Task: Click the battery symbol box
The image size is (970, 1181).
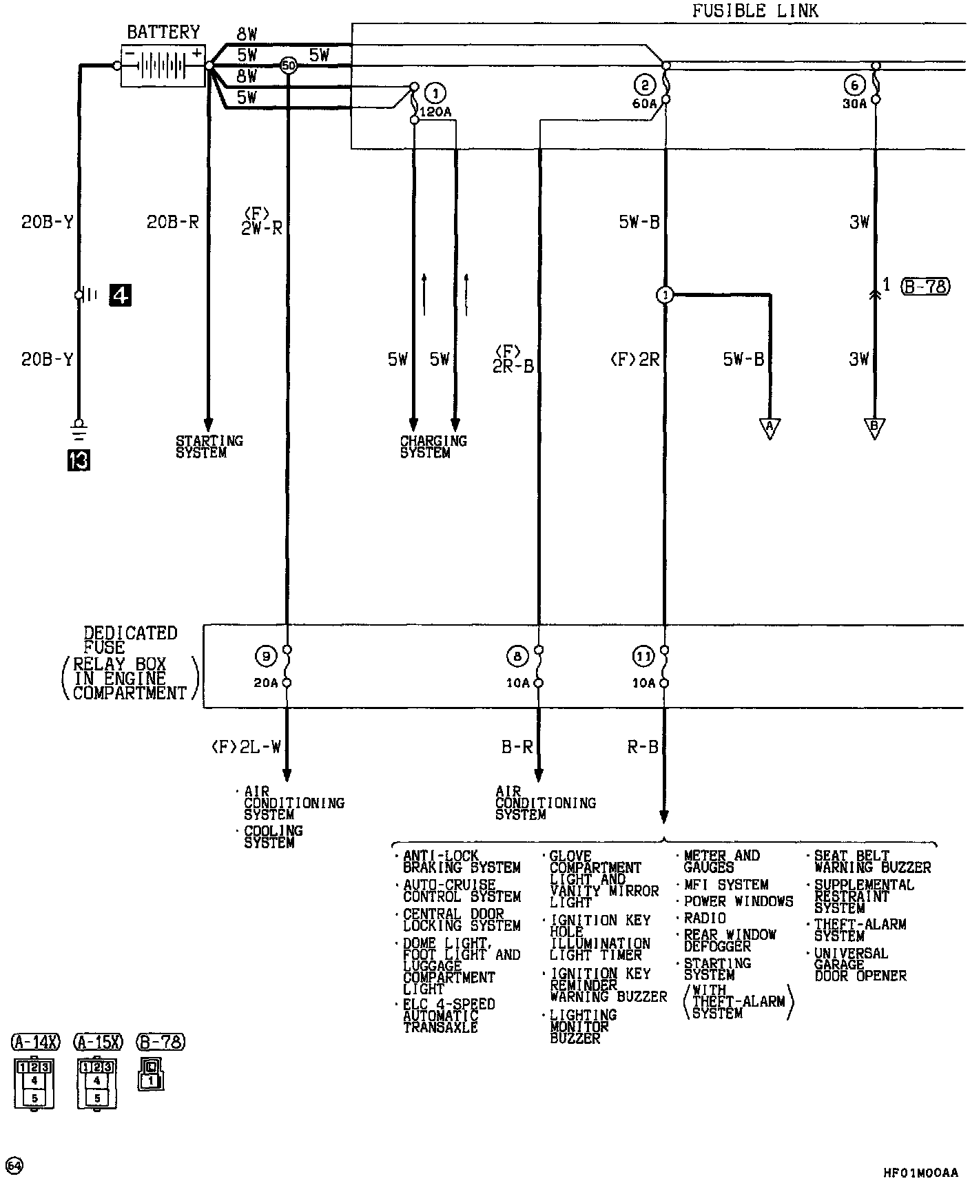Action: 163,66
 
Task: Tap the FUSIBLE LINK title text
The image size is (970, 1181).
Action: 755,11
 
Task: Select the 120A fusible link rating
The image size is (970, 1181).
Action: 435,112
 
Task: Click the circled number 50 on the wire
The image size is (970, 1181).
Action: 289,66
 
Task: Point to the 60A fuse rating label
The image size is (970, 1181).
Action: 644,104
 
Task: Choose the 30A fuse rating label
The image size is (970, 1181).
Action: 854,104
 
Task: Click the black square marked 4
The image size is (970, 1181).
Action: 121,296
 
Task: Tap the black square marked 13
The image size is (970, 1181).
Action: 79,460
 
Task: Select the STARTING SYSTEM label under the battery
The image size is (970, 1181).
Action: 209,446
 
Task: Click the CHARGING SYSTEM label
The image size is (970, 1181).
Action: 433,446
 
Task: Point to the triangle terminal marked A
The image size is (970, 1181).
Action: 770,428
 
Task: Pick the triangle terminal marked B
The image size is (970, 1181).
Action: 874,428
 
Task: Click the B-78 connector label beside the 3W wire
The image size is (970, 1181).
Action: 925,286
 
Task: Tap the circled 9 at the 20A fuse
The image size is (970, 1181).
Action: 265,657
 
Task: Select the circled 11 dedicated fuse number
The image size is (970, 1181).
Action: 643,657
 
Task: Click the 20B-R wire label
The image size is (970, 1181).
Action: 172,222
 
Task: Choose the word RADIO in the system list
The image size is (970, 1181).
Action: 705,918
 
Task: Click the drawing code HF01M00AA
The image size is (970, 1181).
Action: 920,1173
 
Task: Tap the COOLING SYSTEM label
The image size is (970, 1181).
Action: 274,836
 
